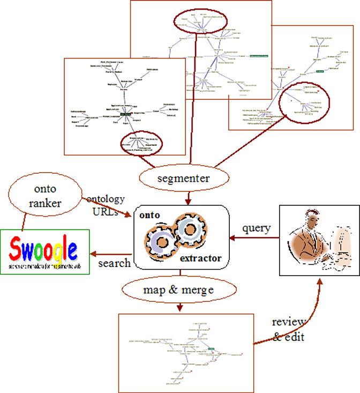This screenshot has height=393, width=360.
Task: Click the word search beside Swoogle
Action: (x=115, y=263)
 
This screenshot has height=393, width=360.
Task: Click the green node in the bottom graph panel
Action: (x=211, y=349)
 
